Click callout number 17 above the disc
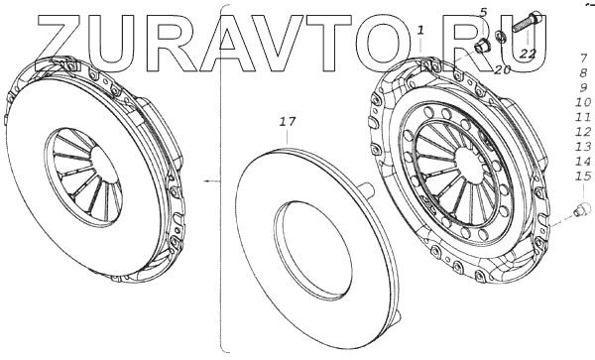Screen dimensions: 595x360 coord(288,122)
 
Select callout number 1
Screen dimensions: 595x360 coord(420,30)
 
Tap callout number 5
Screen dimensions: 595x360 coord(483,13)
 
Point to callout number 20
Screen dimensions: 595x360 coord(503,69)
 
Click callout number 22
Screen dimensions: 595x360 coord(528,54)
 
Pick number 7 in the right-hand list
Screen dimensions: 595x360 coord(584,59)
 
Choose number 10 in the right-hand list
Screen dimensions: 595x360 coord(583,102)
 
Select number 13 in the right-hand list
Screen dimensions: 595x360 coord(583,146)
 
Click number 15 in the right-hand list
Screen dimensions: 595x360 coord(583,176)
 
